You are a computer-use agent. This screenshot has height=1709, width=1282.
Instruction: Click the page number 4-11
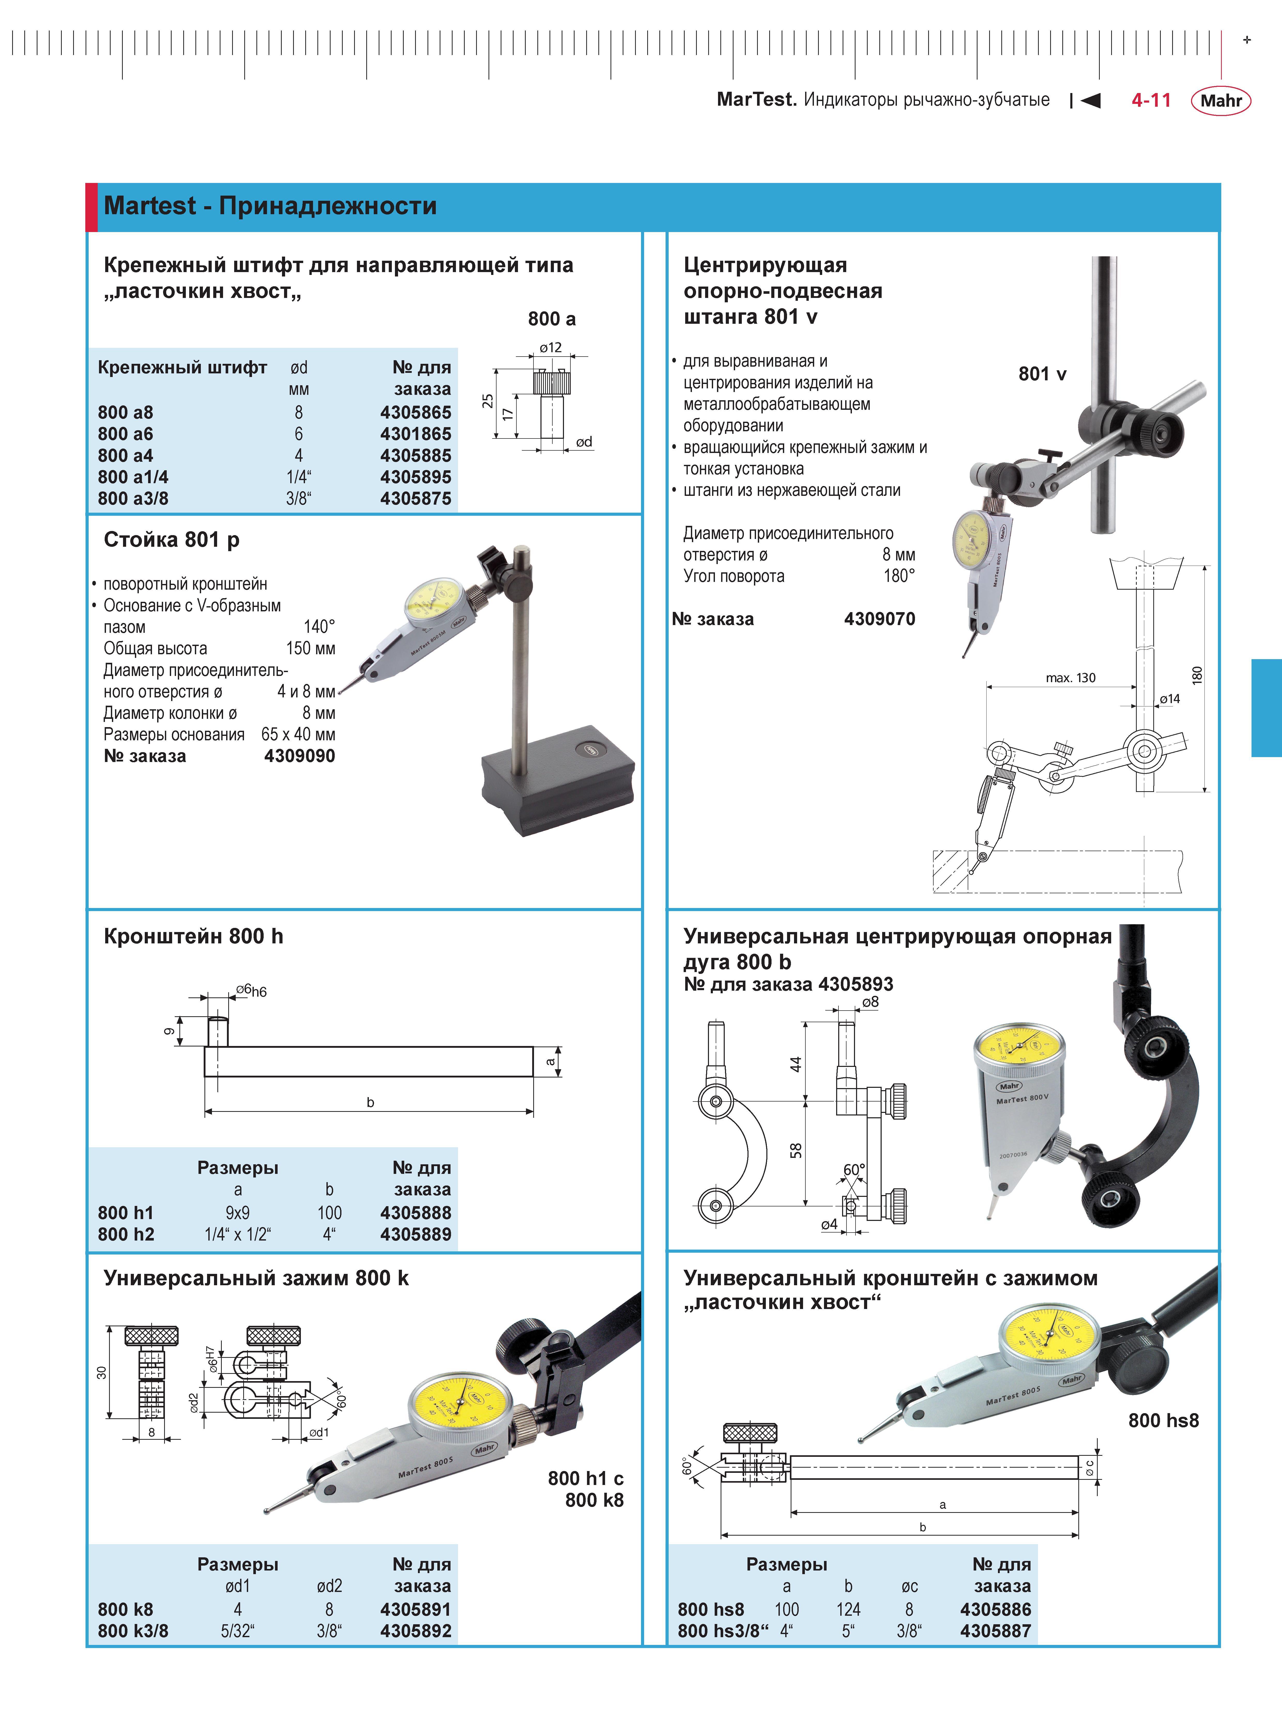tap(1151, 101)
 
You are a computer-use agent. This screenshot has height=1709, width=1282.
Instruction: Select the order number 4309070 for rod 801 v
tap(879, 619)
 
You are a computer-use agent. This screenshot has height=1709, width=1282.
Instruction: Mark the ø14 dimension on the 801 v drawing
tap(1169, 699)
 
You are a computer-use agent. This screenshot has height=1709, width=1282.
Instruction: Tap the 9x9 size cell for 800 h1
tap(237, 1213)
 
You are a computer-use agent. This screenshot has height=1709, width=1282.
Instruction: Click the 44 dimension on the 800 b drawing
tap(796, 1064)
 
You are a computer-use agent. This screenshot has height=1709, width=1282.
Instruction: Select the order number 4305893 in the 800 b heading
tap(856, 984)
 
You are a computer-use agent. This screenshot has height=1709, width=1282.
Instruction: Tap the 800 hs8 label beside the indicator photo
tap(1163, 1420)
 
